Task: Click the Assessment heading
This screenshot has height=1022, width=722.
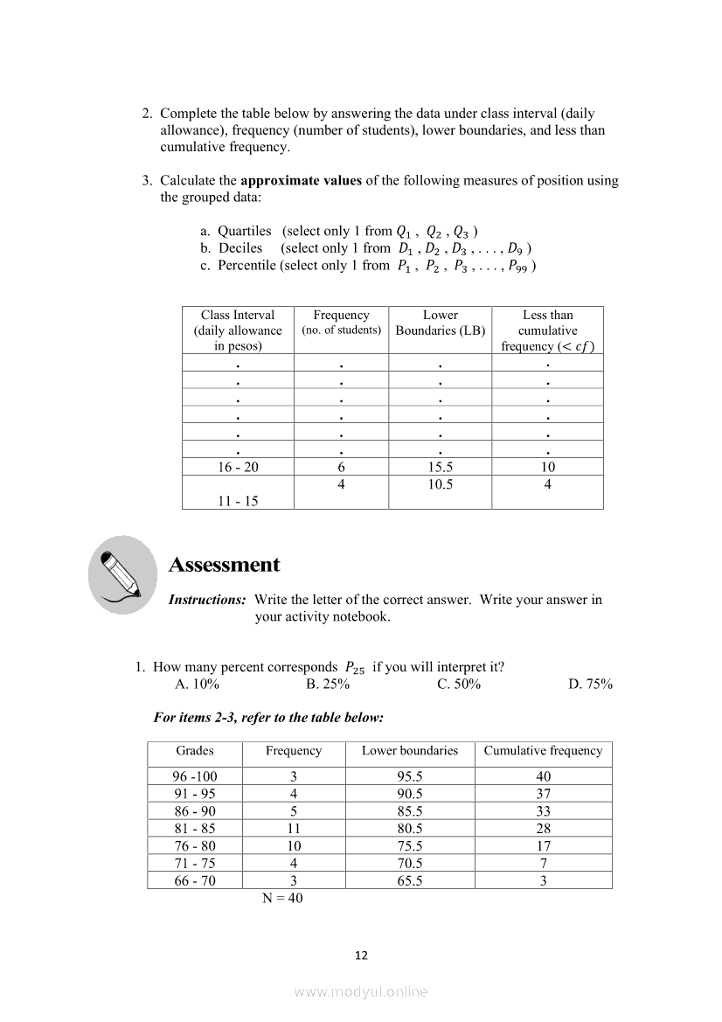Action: click(x=224, y=565)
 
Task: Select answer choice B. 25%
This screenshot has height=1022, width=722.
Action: click(x=328, y=684)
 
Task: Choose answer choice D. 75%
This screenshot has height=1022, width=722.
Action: click(x=590, y=684)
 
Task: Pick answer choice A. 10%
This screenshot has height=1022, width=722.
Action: click(x=197, y=684)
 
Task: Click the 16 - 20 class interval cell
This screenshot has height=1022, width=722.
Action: click(x=238, y=467)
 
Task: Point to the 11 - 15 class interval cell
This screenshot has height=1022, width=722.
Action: click(x=238, y=501)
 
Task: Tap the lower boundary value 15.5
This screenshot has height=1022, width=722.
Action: click(x=440, y=467)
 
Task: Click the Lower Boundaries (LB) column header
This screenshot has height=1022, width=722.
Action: click(x=440, y=323)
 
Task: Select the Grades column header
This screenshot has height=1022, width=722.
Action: click(x=195, y=751)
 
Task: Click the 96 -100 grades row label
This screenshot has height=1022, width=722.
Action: click(x=195, y=776)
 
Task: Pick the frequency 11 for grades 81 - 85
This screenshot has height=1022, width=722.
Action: click(x=294, y=829)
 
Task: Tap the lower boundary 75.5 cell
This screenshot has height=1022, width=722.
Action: click(x=410, y=846)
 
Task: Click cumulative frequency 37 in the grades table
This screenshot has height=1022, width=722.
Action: click(x=543, y=794)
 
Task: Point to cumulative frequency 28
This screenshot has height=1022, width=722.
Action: click(x=543, y=829)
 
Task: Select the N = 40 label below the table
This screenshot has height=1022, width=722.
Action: click(x=282, y=898)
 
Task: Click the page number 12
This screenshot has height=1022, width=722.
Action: click(x=361, y=956)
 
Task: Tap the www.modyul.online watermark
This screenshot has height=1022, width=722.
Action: click(x=361, y=991)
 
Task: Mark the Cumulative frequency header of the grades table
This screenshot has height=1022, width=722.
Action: click(x=543, y=751)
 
